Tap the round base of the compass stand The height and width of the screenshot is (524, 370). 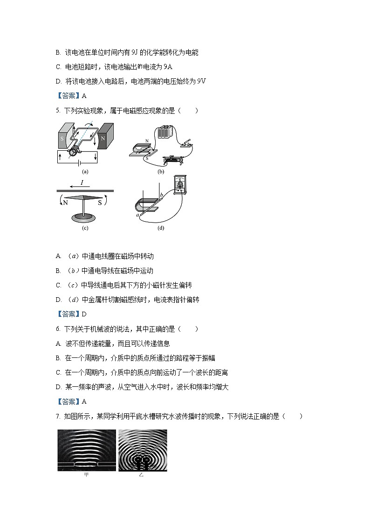pyautogui.click(x=84, y=218)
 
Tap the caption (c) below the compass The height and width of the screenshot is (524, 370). pyautogui.click(x=84, y=228)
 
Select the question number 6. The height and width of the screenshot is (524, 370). pyautogui.click(x=57, y=329)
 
